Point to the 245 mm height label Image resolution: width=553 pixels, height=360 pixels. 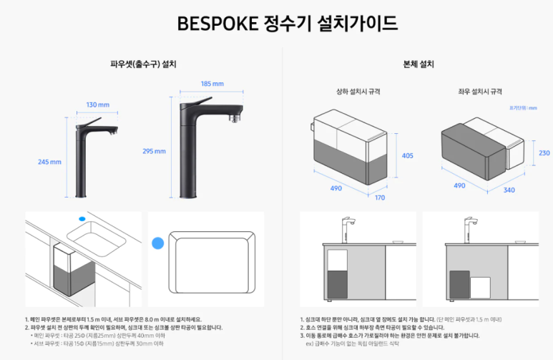(49, 162)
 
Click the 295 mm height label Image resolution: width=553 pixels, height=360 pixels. (155, 151)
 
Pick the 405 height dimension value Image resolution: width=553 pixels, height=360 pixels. (408, 155)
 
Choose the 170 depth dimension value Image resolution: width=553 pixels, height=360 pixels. (379, 198)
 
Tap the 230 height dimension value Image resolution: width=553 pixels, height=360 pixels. (544, 153)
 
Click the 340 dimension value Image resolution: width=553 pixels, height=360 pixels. (509, 190)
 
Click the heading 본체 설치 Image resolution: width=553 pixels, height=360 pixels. (419, 64)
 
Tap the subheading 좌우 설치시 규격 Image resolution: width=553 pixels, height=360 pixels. (480, 92)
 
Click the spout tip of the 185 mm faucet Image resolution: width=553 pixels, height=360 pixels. (233, 116)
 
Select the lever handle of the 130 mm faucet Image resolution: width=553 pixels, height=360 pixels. (89, 120)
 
